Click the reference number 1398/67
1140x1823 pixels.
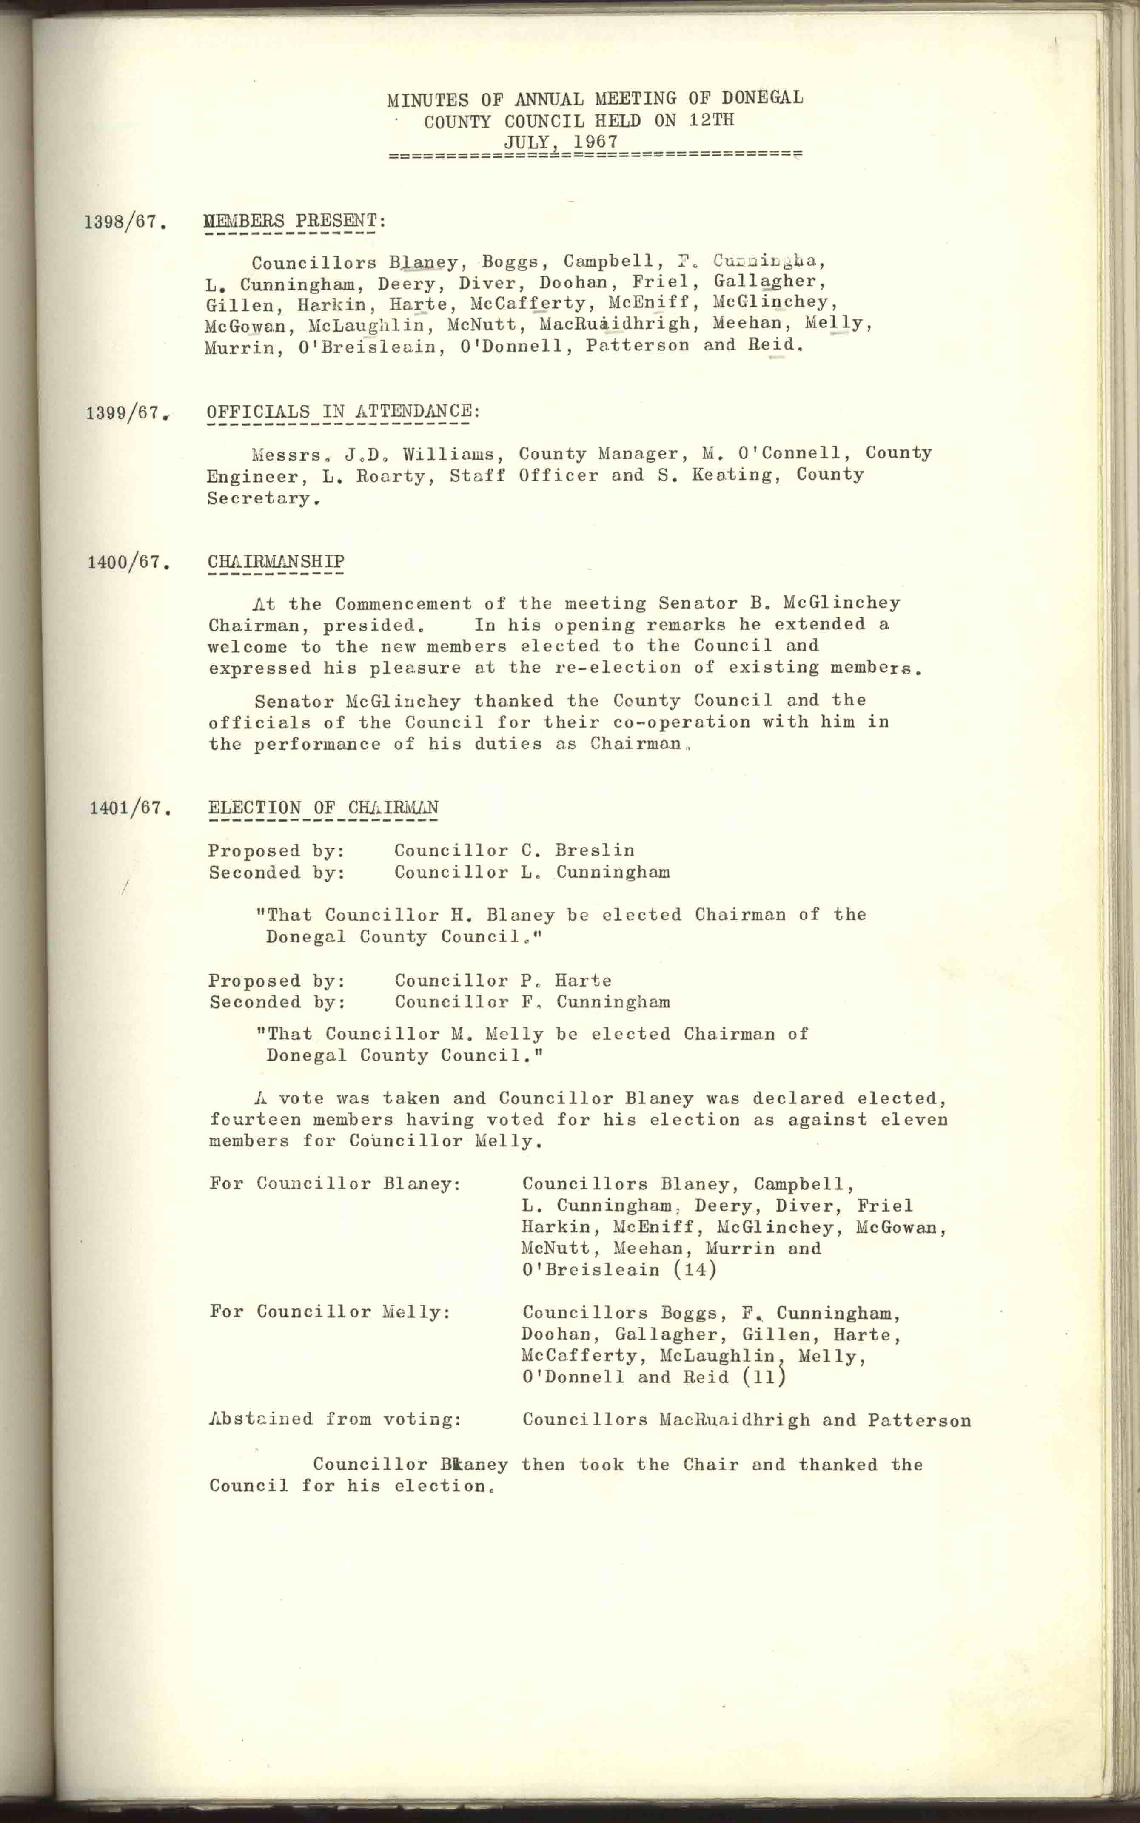(124, 222)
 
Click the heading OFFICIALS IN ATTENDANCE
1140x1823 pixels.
(343, 412)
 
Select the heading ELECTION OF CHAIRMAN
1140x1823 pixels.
(323, 808)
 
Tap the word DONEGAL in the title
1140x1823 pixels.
(761, 98)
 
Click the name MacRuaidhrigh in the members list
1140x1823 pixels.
(615, 324)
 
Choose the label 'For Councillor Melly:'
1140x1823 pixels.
(330, 1312)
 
